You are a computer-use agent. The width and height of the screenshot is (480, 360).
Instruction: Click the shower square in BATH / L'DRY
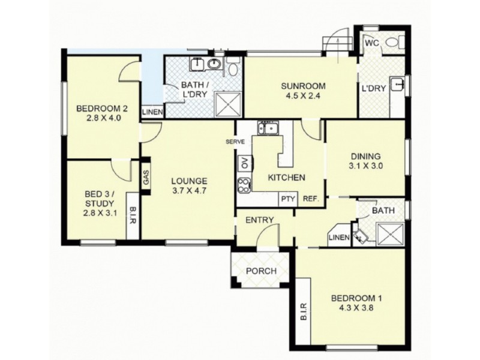(227, 104)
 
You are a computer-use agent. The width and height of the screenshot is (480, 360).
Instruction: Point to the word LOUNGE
(188, 180)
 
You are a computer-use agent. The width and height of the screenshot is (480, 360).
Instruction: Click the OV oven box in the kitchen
(244, 163)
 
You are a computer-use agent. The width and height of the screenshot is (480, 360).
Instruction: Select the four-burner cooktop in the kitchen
(244, 185)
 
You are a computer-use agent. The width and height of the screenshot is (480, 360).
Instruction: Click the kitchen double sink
(267, 128)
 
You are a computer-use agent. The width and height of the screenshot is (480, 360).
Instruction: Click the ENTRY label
(259, 220)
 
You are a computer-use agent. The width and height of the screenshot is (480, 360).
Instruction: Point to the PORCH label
(261, 271)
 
